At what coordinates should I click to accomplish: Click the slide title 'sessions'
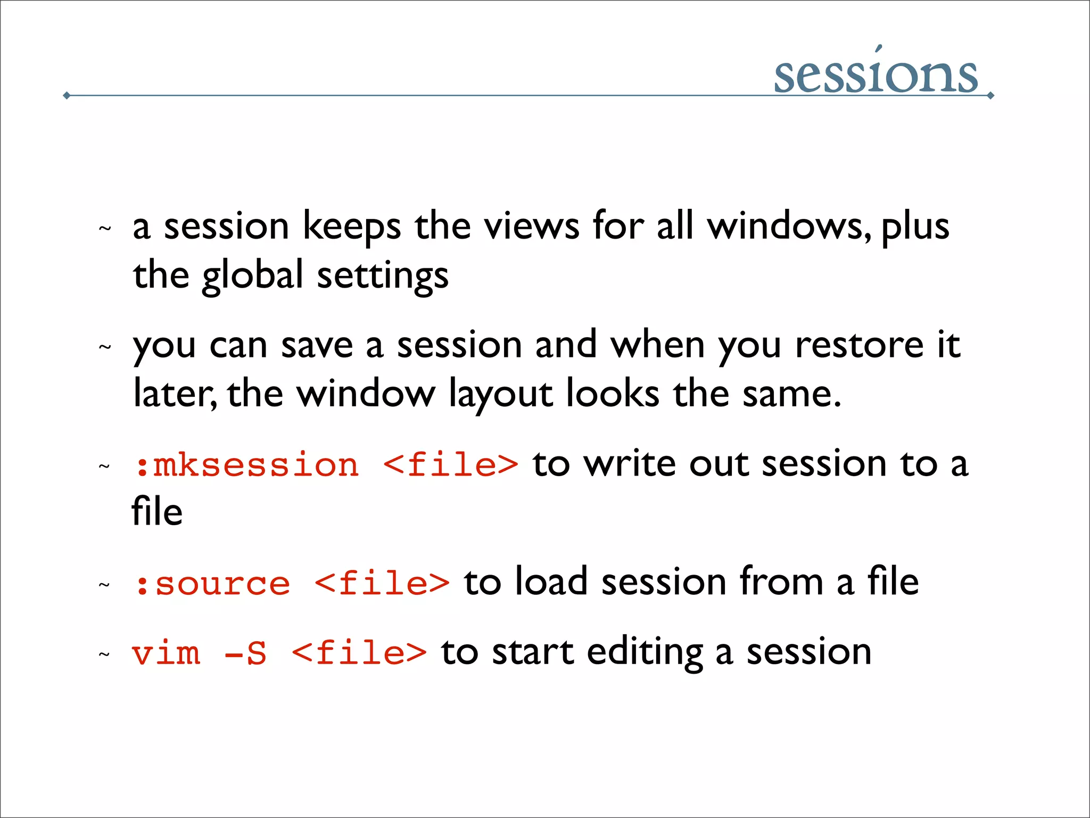pos(876,75)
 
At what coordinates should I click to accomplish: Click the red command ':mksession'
pos(246,465)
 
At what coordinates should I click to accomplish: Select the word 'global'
pos(252,276)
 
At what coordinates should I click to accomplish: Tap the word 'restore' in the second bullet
pos(859,345)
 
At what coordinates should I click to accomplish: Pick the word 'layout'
pos(500,395)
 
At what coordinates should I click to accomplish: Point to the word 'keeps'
pos(351,226)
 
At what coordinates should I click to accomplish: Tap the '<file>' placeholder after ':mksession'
pos(450,465)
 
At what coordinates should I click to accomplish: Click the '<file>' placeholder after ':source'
pos(382,584)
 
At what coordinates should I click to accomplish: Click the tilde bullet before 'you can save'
pos(105,348)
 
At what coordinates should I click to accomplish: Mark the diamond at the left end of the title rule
pos(67,96)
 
